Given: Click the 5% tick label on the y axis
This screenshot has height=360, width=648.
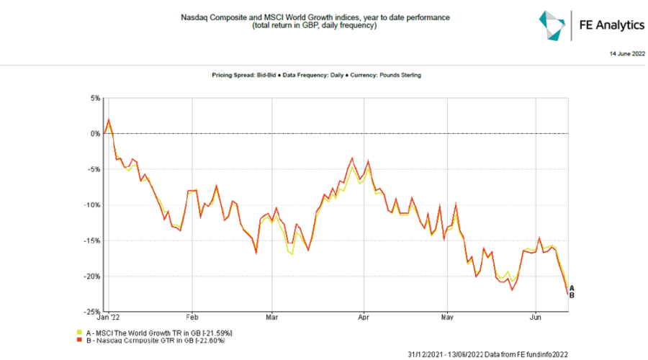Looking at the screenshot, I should point(94,98).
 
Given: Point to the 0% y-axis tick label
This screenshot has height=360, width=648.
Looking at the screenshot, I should point(94,134).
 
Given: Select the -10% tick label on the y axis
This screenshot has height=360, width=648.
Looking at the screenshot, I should point(92,204).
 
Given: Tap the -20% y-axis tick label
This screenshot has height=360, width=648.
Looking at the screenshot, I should point(92,276).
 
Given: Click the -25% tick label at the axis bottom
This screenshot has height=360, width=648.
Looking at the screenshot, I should point(92,311).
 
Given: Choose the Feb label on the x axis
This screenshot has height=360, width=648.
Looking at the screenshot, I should point(192,317).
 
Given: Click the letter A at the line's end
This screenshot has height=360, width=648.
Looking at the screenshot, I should point(572,288).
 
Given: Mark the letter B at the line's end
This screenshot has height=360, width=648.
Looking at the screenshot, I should point(572,295).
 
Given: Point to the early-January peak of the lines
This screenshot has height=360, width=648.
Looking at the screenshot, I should point(109,120).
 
